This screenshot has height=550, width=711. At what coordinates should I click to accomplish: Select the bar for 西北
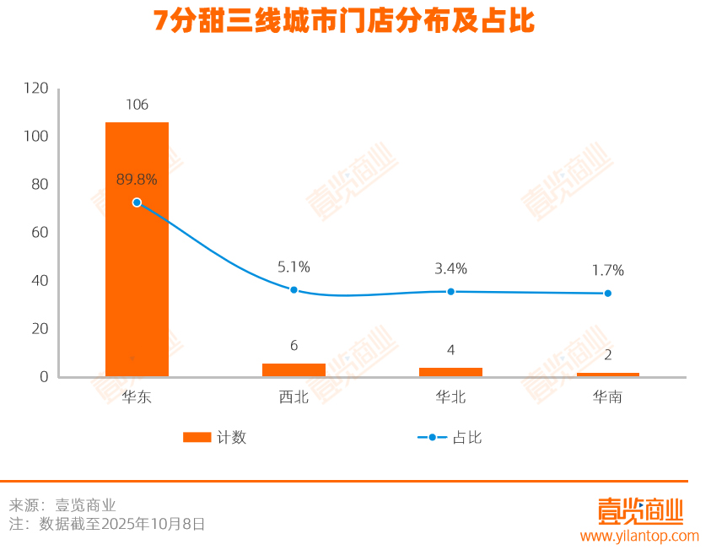(294, 369)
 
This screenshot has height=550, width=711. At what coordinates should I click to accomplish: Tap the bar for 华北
(450, 372)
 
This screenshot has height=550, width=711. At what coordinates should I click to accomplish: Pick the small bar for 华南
(607, 374)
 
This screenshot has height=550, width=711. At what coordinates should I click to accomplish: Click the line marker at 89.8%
(137, 202)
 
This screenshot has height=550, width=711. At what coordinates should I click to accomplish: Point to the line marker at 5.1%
(294, 290)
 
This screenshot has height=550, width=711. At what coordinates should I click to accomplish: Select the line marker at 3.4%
(450, 291)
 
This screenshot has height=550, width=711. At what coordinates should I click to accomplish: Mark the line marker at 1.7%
(607, 294)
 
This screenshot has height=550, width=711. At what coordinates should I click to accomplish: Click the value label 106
(137, 105)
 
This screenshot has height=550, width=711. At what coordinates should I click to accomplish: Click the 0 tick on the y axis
(44, 376)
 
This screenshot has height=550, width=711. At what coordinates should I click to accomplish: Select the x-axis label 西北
(294, 396)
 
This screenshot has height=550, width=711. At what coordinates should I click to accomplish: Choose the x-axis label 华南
(607, 396)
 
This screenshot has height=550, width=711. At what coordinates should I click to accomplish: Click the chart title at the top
(344, 21)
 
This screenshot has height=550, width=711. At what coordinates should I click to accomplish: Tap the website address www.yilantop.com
(639, 536)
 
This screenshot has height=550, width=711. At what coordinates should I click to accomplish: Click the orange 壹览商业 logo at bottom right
(640, 510)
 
